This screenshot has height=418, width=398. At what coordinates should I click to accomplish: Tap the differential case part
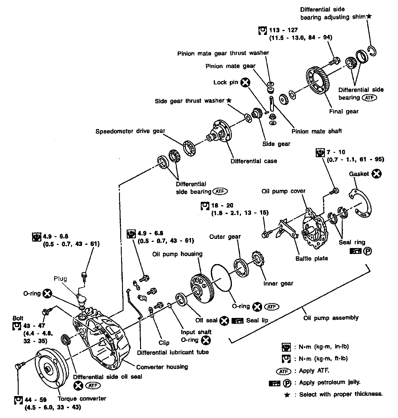[x=220, y=132]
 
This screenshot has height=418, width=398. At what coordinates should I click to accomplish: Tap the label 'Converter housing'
[x=162, y=367]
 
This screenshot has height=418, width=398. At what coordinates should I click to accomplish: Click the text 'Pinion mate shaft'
[x=317, y=131]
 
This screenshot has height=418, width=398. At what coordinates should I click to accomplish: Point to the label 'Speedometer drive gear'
[x=130, y=131]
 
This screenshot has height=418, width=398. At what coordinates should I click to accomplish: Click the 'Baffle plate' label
[x=312, y=258]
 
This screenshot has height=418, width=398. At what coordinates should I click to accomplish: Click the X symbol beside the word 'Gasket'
[x=377, y=174]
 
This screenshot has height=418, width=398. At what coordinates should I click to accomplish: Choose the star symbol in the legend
[x=287, y=395]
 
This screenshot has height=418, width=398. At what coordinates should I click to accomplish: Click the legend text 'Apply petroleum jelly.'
[x=330, y=382]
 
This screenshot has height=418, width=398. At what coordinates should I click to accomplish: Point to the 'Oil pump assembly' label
[x=331, y=318]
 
